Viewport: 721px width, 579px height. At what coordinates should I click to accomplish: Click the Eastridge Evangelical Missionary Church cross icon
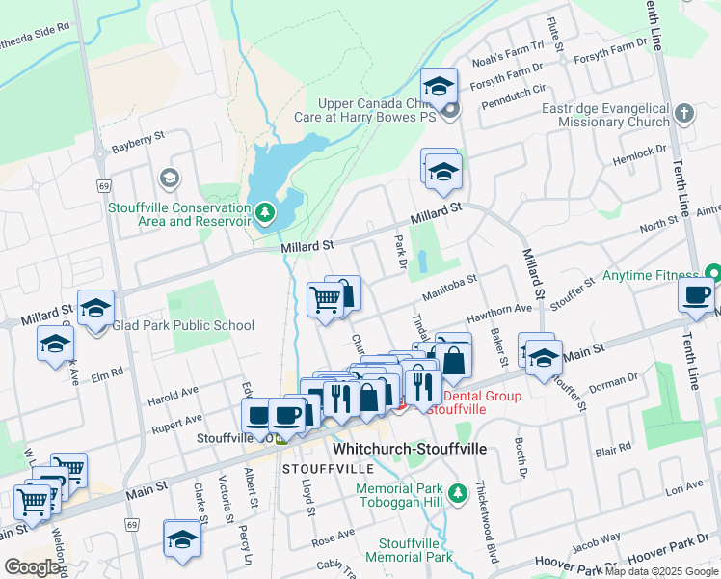tap(684, 113)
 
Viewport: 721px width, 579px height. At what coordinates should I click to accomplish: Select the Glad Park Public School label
tap(183, 326)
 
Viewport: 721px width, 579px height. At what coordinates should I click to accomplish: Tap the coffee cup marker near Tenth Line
tap(696, 295)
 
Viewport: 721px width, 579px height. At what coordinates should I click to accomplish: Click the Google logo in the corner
tap(32, 567)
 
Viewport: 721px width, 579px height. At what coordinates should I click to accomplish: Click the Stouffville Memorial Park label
tap(415, 550)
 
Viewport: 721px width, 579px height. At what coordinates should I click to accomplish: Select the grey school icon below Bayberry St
tap(170, 178)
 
